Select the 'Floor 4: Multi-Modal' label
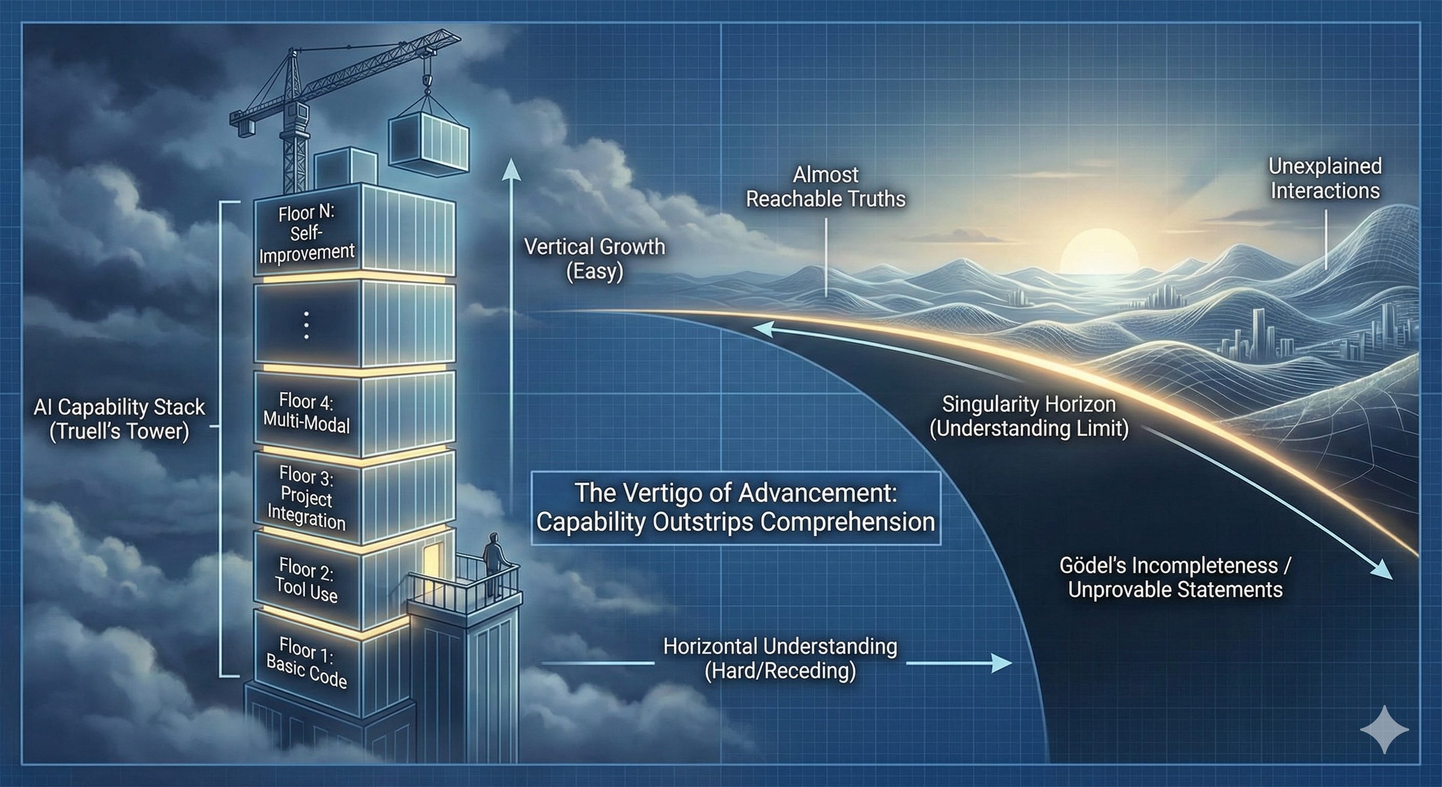[x=307, y=413]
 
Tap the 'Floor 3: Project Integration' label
[x=307, y=498]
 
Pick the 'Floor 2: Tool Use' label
[x=307, y=578]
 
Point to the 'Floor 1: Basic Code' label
[x=307, y=663]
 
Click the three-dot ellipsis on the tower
[x=306, y=325]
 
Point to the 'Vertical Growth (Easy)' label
[x=595, y=259]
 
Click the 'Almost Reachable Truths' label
[x=825, y=187]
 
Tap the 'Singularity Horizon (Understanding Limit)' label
[x=1029, y=416]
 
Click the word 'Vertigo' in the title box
[x=649, y=493]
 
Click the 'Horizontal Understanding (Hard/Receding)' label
[x=780, y=658]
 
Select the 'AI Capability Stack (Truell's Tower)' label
[x=119, y=419]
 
